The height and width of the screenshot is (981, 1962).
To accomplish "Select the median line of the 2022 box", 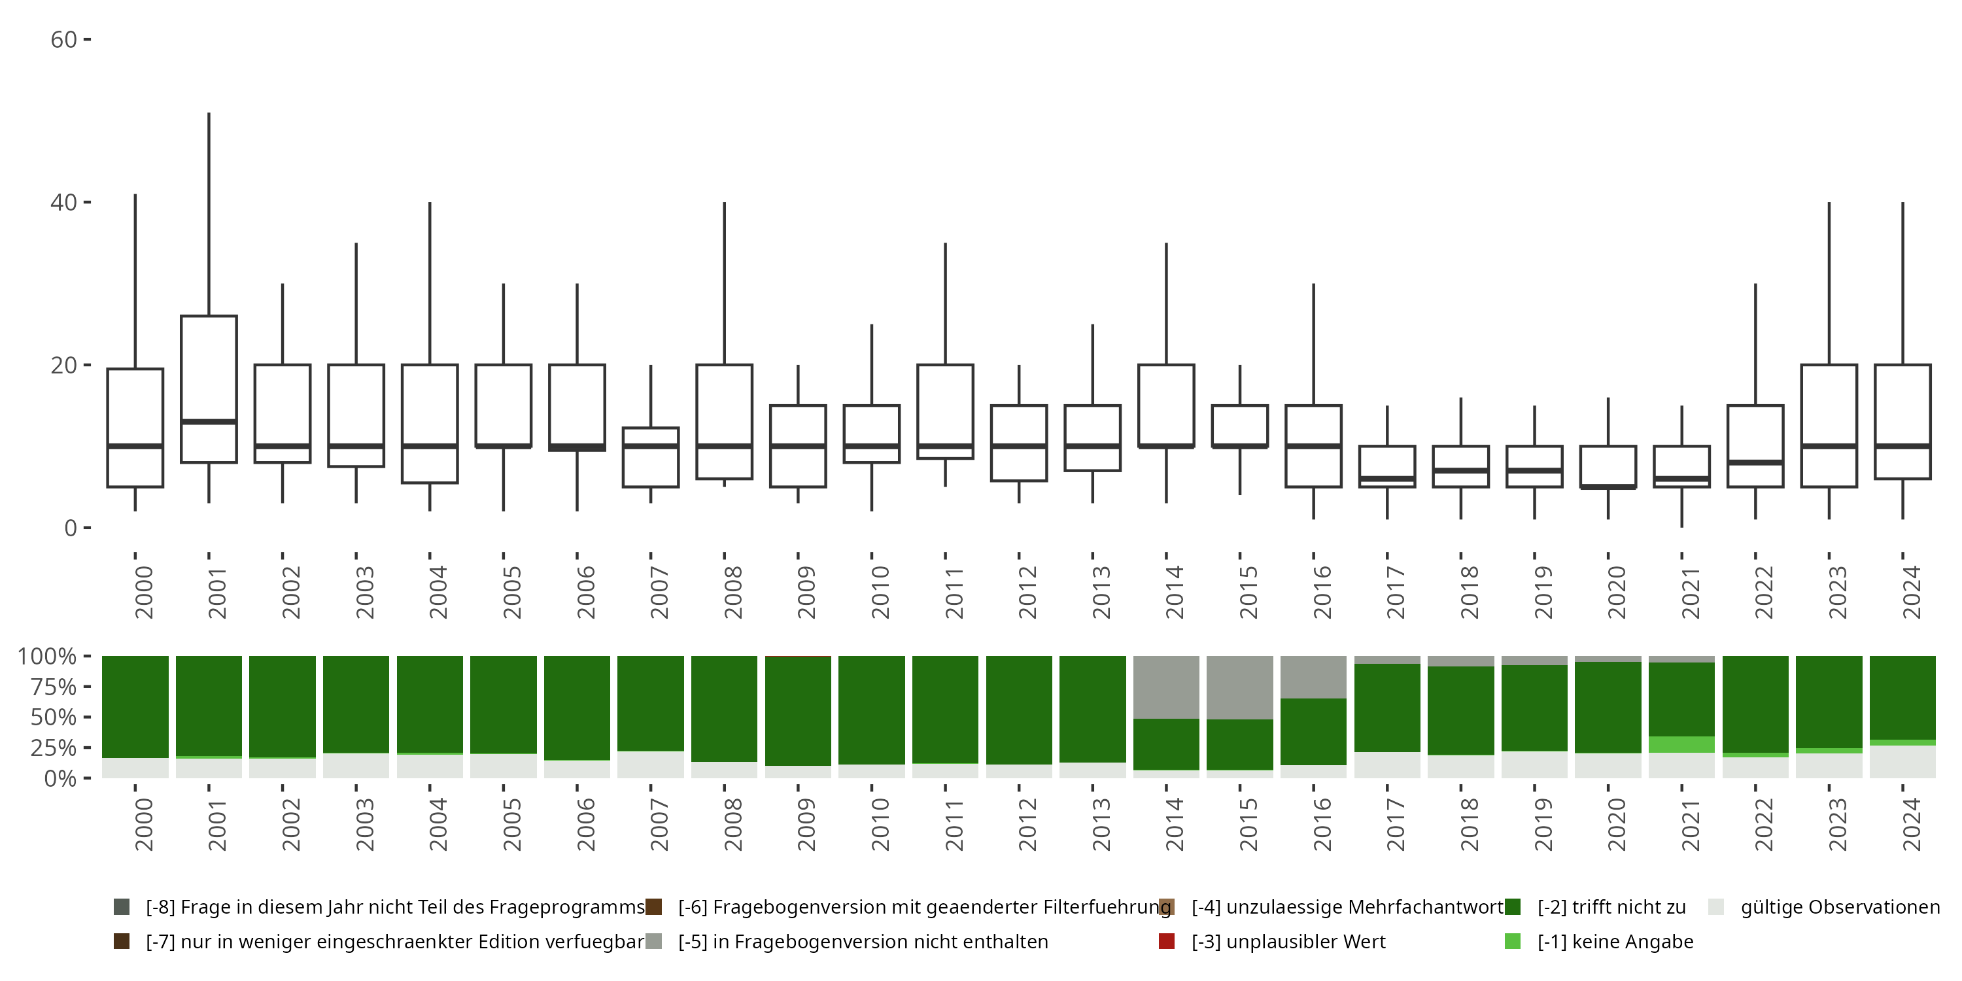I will point(1755,462).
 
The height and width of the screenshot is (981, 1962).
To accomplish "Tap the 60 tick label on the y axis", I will point(64,40).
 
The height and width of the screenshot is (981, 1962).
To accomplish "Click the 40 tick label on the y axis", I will point(64,203).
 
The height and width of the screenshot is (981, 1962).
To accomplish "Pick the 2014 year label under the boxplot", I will point(1174,592).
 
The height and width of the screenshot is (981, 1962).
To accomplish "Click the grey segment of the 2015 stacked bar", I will point(1240,687).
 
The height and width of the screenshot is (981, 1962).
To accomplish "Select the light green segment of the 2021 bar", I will point(1681,744).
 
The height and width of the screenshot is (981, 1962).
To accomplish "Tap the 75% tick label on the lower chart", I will point(54,687).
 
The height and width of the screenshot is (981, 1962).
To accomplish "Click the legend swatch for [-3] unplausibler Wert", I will point(1166,941).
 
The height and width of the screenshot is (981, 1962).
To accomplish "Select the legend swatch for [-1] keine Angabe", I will point(1513,941).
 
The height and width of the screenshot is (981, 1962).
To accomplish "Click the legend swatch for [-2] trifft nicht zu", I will point(1513,907).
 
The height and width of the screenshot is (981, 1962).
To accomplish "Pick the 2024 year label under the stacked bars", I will point(1911,824).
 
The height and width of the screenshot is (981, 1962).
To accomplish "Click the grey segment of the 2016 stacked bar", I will point(1313,677).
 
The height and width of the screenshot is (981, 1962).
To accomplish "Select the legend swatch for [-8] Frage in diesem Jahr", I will point(121,907).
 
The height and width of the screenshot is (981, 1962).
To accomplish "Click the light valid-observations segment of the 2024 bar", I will point(1902,762).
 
